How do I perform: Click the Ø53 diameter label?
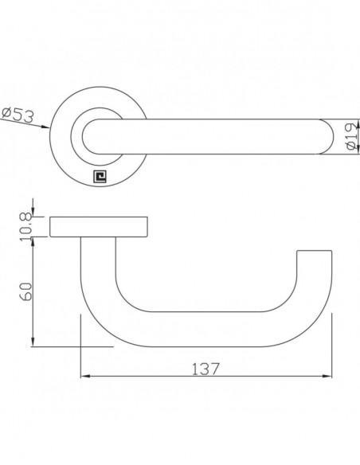coord(18,115)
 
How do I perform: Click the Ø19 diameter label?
coord(352,136)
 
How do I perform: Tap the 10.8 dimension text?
coord(25,227)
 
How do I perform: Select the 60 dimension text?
coord(25,291)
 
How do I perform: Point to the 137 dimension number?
coord(205,369)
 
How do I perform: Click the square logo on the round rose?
coord(100,177)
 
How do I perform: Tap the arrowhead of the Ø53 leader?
coord(45,127)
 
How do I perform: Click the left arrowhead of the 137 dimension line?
coord(85,377)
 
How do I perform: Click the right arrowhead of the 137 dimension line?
coord(327,377)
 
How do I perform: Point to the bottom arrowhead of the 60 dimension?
coord(33,342)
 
